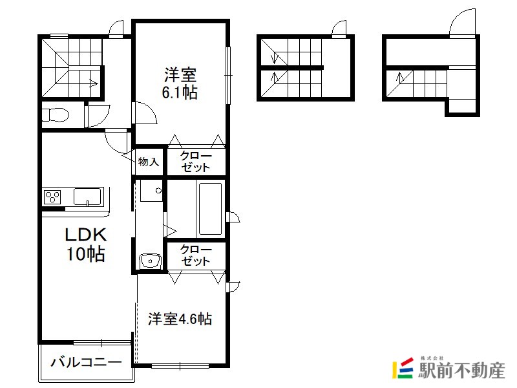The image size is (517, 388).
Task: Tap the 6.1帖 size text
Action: coord(180,92)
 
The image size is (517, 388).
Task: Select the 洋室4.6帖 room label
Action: coord(180,319)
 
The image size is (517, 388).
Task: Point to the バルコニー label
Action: coord(87,362)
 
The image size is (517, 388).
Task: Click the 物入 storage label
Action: coord(149,162)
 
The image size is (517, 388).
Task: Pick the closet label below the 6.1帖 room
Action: coord(196,161)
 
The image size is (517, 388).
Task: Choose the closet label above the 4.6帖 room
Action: coord(196,255)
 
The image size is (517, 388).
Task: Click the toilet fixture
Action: coord(56,115)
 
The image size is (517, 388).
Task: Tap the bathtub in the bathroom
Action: coord(210,208)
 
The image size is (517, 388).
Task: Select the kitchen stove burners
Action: coord(52,197)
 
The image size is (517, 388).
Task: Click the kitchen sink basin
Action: coord(87,197)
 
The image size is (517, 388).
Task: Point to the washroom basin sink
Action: coord(150,261)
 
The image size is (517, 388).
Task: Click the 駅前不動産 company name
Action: coord(461,370)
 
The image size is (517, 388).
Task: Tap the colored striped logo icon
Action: coord(403,368)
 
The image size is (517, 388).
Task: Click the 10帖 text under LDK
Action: coord(86,253)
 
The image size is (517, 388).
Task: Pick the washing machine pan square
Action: coord(151,190)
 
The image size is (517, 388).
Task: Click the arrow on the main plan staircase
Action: coord(93,83)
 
